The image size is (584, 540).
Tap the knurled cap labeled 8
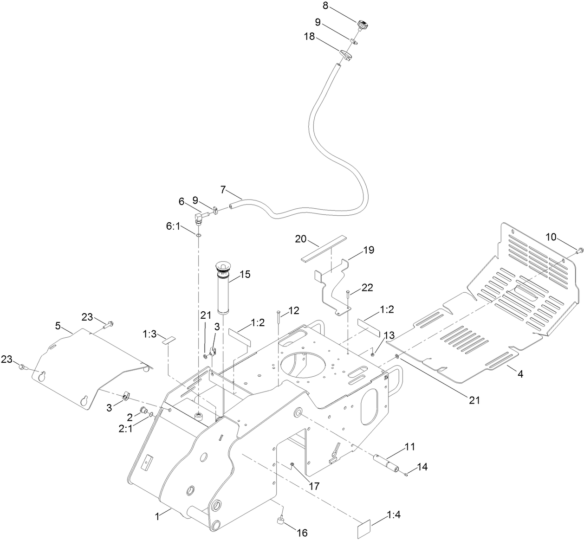363,24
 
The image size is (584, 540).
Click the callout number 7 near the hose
223,190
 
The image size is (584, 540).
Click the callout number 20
301,239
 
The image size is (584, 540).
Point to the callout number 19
369,250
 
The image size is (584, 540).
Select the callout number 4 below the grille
520,374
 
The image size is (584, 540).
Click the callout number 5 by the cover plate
58,326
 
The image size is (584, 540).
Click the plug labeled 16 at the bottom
281,523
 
